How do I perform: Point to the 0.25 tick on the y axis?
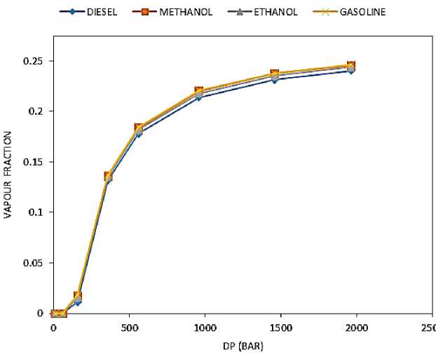33,62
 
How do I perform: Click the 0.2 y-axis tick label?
36,111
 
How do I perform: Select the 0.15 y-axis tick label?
33,162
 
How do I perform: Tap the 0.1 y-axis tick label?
36,212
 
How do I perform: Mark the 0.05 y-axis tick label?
33,263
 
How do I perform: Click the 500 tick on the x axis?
129,327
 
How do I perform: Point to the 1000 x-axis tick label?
204,327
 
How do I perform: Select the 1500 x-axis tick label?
280,327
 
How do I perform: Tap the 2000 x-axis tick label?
355,327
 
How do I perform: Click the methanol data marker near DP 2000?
350,67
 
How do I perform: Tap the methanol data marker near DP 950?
198,92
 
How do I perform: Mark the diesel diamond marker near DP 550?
139,133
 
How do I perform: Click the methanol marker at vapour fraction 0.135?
109,176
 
